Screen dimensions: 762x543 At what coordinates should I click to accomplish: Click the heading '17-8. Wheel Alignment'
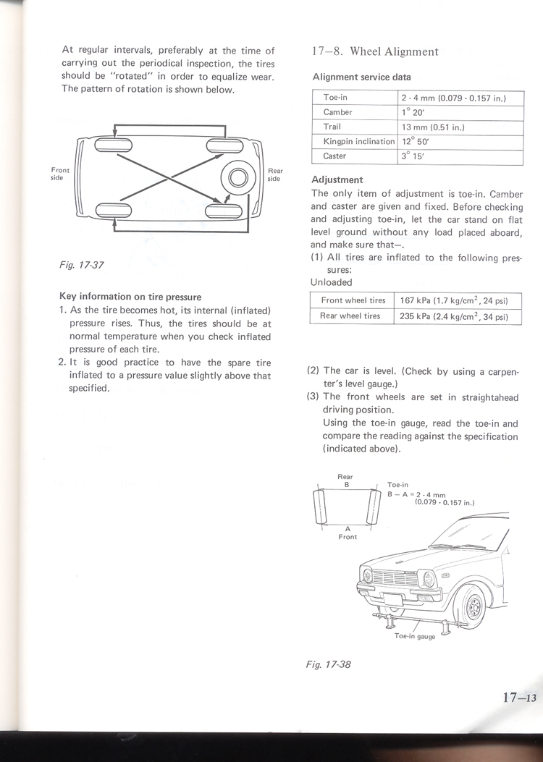point(375,51)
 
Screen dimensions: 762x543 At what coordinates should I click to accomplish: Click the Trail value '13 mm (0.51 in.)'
point(433,127)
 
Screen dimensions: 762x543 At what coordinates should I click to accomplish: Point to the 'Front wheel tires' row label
point(353,300)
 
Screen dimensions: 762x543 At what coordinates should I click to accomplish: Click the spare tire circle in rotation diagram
point(238,177)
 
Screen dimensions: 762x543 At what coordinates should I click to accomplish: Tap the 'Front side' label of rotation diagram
point(60,174)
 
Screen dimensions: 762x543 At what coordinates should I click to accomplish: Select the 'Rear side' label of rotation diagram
point(274,174)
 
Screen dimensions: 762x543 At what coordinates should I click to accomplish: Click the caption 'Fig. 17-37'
point(82,265)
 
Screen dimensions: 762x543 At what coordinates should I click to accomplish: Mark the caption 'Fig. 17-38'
point(329,664)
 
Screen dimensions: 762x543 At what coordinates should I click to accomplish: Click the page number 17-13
point(519,698)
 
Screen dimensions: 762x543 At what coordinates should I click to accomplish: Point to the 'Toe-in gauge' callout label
point(414,636)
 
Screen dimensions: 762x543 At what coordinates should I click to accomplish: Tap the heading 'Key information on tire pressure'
point(130,296)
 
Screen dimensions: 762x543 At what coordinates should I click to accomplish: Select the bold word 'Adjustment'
point(337,179)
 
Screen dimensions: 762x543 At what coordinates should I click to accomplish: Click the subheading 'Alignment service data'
point(361,77)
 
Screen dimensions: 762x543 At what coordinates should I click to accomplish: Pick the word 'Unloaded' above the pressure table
point(331,282)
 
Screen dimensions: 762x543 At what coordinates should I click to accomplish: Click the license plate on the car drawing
point(392,598)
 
